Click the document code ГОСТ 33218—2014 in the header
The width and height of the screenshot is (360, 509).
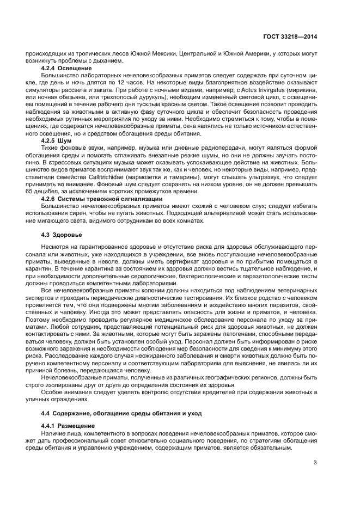coord(291,36)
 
